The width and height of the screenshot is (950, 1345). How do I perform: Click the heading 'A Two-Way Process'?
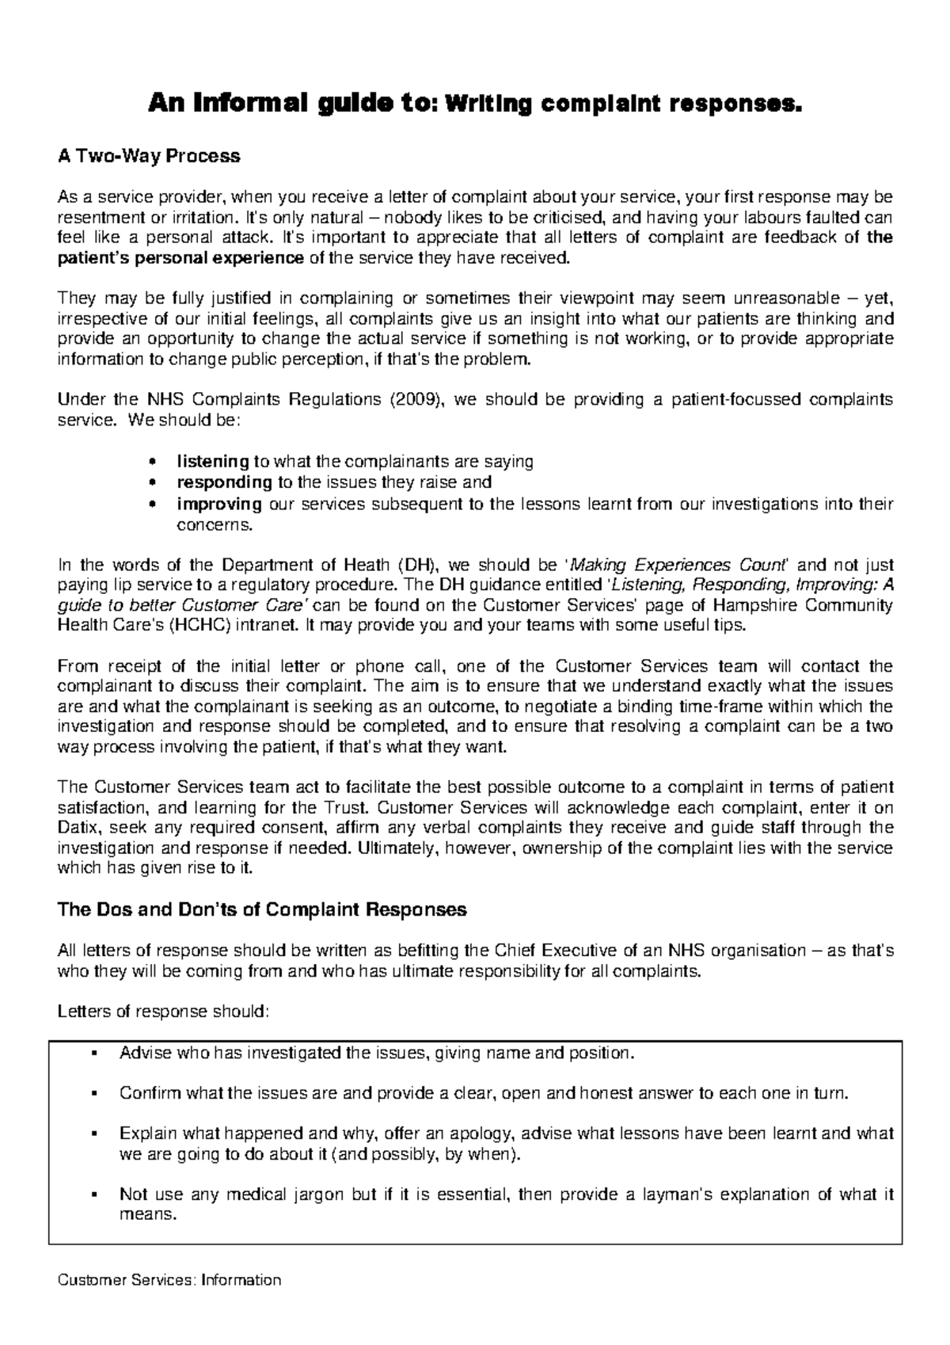(149, 157)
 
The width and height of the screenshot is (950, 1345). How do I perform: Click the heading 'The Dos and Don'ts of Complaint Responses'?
(263, 910)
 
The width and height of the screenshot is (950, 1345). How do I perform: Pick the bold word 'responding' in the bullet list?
(224, 482)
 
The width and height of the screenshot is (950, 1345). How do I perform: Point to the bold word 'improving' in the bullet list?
(219, 504)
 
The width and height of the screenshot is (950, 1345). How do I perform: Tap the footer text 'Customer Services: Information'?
(170, 1280)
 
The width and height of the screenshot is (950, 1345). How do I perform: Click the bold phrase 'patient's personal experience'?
(181, 257)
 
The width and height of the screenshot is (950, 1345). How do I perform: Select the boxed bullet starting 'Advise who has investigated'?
(377, 1054)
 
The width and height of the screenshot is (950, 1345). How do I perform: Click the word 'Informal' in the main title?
(233, 104)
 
